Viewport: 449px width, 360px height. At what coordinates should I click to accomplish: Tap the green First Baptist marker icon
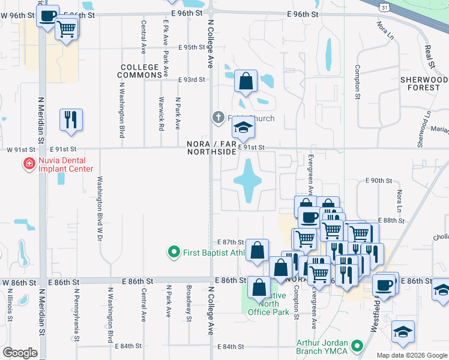[x=174, y=252]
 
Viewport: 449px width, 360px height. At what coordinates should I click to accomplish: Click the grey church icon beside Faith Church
[x=218, y=118]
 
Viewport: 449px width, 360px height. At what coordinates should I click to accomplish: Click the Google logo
[x=20, y=352]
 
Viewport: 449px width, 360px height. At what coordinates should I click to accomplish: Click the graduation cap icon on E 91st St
[x=243, y=128]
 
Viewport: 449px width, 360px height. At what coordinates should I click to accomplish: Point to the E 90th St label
[x=378, y=181]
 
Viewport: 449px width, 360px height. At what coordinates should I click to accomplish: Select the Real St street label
[x=429, y=56]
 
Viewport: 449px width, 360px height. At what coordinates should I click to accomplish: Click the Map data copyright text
[x=412, y=355]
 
